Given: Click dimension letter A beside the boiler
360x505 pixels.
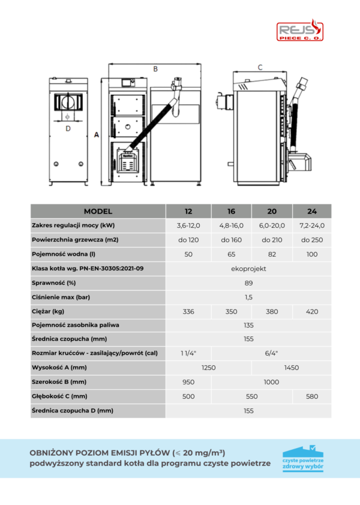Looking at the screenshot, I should click(96, 136).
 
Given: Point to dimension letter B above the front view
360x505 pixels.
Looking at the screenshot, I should click(155, 70).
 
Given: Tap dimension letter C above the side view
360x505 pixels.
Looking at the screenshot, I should click(260, 67).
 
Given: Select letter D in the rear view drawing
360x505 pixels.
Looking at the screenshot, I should click(68, 128).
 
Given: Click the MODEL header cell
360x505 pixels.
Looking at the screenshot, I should click(98, 211).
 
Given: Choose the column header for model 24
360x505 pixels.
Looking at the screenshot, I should click(311, 212).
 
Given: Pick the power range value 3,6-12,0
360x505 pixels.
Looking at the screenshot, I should click(188, 226).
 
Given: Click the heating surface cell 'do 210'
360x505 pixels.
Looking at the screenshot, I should click(272, 240).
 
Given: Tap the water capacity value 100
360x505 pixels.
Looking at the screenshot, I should click(311, 254).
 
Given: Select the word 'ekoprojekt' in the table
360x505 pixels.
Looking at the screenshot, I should click(248, 268).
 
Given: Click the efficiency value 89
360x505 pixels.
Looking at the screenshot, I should click(248, 282).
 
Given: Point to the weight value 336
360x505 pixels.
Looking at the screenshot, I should click(188, 311).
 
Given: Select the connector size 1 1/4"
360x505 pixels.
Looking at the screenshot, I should click(188, 353).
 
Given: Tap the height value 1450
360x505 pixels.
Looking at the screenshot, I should click(291, 368).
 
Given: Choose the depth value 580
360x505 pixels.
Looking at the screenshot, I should click(311, 396).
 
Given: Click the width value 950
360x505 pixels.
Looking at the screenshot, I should click(188, 381).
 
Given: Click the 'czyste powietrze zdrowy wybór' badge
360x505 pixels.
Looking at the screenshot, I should click(303, 459).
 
